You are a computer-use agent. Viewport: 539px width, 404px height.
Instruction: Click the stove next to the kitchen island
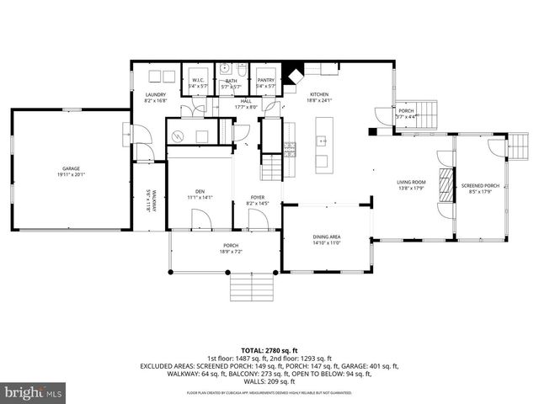(291, 151)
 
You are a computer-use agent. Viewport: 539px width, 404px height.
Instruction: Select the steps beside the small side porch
(426, 113)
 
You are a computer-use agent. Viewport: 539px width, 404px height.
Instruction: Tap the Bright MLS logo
(32, 392)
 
